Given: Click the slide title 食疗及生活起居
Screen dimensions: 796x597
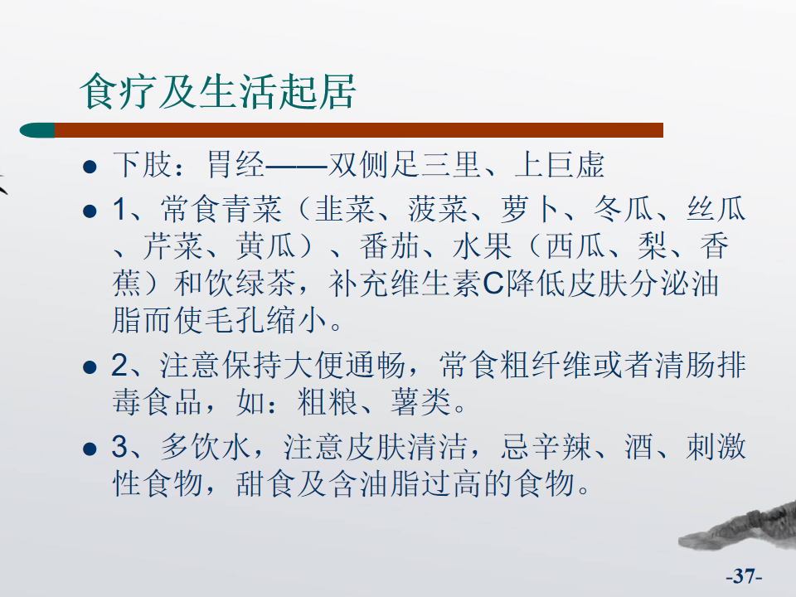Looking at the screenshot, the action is [x=218, y=91].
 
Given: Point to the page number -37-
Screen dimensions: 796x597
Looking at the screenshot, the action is [x=744, y=576].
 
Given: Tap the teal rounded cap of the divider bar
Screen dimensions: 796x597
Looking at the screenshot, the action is [x=37, y=130].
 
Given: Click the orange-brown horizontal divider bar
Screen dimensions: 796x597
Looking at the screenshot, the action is [x=359, y=130].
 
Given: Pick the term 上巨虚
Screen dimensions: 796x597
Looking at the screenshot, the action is [x=560, y=164].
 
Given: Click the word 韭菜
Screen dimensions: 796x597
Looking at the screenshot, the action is [x=345, y=209].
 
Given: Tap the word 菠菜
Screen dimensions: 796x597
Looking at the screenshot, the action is [x=438, y=209].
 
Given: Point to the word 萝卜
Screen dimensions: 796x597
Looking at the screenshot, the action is [x=531, y=209].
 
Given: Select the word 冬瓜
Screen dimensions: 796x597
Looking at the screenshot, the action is [x=624, y=209].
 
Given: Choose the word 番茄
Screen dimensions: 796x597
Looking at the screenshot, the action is [x=390, y=245].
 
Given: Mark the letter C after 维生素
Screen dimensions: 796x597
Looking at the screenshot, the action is [x=493, y=284].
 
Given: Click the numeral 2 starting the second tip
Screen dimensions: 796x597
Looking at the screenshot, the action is [x=119, y=366].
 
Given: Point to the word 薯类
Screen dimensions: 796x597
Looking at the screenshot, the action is [x=420, y=402].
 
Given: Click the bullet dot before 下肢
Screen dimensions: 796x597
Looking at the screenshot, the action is [x=90, y=167].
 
